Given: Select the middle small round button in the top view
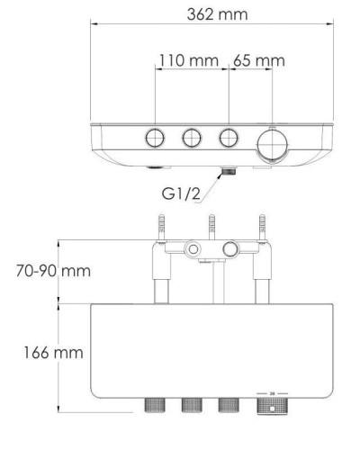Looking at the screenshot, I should coord(192,137).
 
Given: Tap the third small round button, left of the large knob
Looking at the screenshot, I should coord(229,137).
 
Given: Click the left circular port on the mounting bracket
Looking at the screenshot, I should coord(191,247).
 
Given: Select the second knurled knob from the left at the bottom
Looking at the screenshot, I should coord(190,406).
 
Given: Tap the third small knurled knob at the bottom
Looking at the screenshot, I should coord(228,406).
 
